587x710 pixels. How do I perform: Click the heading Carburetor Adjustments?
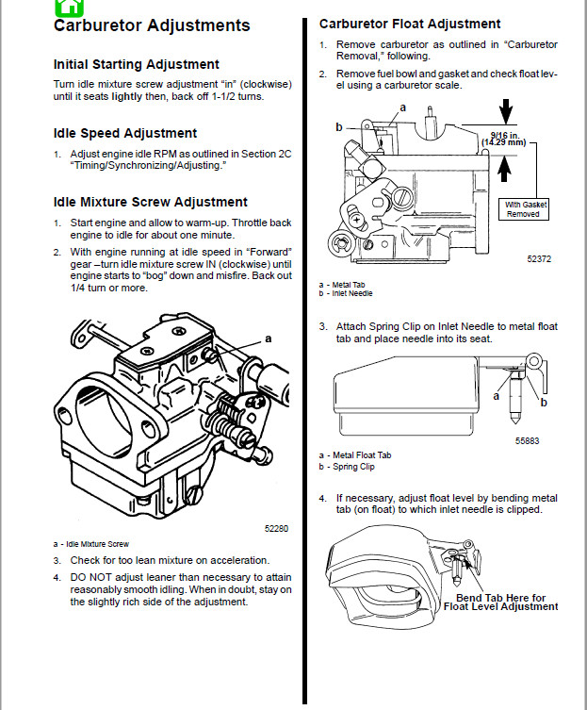[x=152, y=25]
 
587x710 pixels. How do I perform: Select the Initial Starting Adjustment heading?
[x=137, y=64]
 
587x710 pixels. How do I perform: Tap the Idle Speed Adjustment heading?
[x=125, y=133]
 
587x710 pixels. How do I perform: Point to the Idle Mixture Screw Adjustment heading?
[x=151, y=202]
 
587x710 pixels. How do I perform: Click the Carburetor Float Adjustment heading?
[x=410, y=24]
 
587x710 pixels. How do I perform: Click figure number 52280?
[x=276, y=528]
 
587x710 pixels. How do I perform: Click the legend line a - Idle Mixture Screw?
[x=91, y=544]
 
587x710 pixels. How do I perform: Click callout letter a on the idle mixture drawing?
[x=268, y=338]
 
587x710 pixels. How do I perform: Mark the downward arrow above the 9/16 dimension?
[x=506, y=112]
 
